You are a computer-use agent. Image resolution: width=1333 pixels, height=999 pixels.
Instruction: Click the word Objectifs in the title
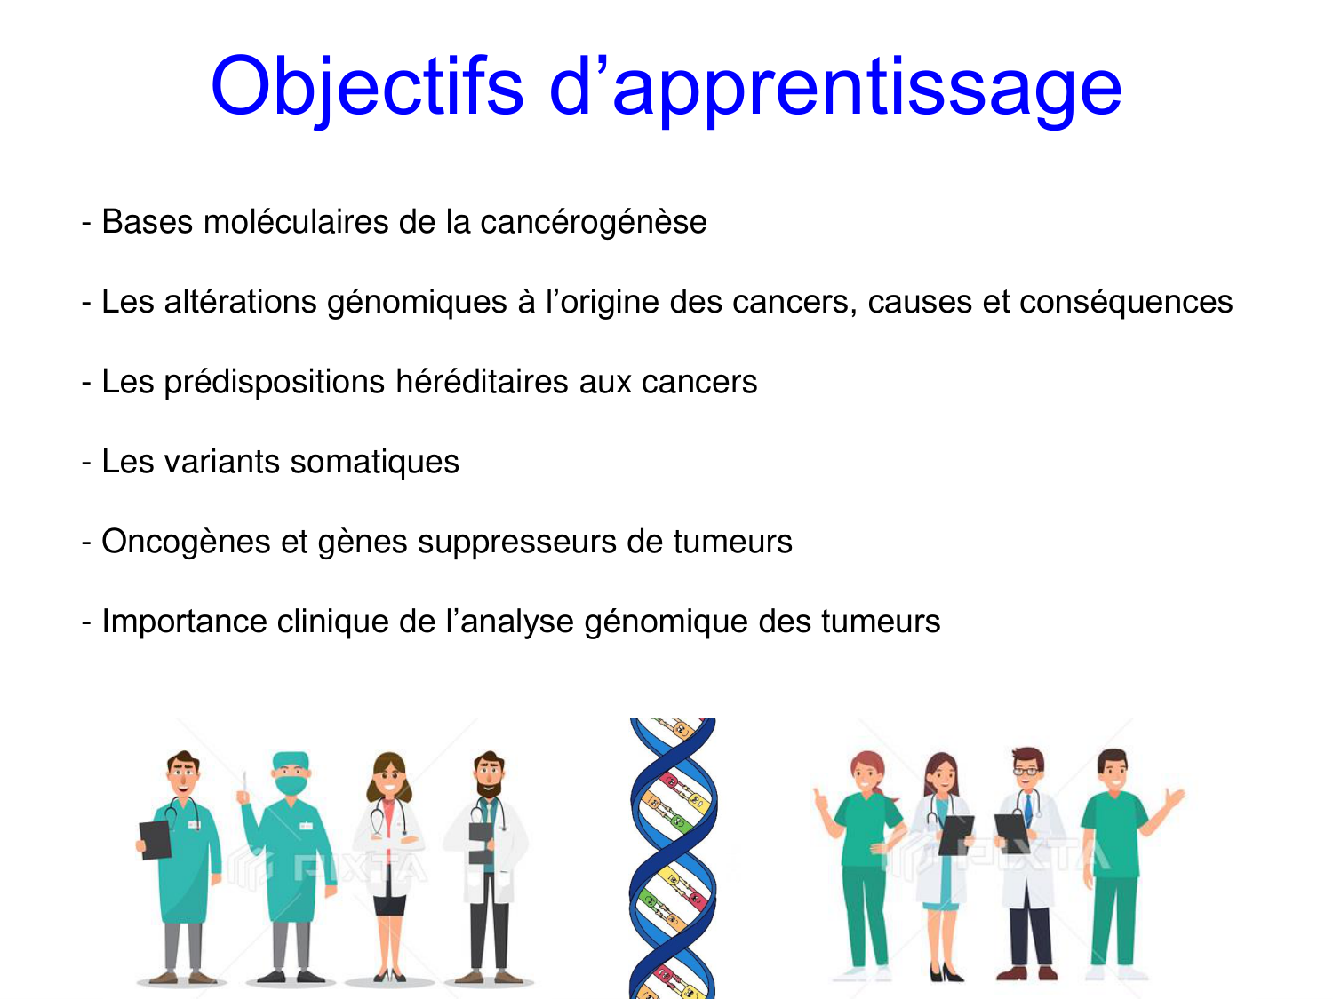[366, 86]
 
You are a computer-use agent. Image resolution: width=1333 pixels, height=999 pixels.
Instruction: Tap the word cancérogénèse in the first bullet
[593, 222]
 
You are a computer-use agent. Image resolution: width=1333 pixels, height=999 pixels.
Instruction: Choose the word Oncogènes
[186, 542]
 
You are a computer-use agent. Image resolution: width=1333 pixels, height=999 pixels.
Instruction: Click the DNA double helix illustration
[673, 857]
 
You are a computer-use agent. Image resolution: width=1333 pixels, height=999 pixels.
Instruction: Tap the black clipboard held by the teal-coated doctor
[156, 839]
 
